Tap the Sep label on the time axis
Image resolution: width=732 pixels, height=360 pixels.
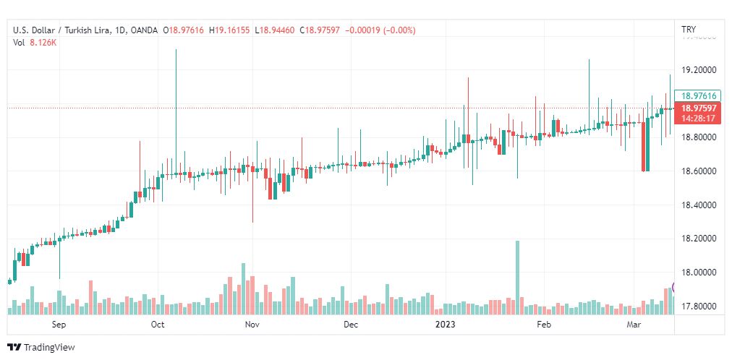(59, 325)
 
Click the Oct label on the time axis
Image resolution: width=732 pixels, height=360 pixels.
(158, 325)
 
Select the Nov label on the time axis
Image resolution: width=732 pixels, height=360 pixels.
(252, 325)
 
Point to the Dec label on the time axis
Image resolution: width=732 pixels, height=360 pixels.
(351, 325)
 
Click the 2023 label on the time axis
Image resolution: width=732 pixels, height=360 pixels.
(446, 325)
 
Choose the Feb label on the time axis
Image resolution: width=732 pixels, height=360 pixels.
(543, 325)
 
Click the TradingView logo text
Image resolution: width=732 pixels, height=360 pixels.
(49, 348)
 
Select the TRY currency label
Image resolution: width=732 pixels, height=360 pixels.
(689, 30)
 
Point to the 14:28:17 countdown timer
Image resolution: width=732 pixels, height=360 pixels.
(698, 118)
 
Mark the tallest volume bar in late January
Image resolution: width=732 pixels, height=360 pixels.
(517, 277)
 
